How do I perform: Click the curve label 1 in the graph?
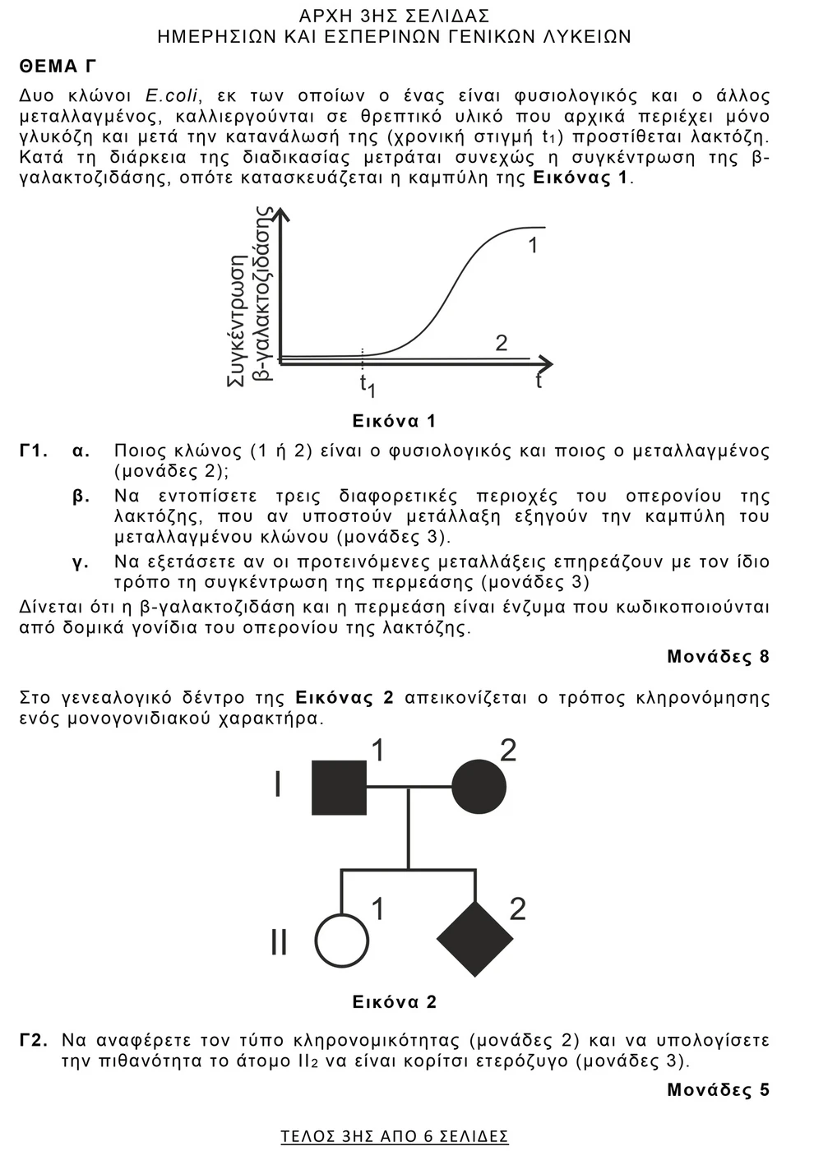click(533, 245)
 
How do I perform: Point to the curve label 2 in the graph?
click(502, 343)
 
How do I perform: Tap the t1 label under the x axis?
click(366, 384)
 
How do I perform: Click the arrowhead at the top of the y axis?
click(281, 214)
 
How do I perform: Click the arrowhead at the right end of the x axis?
click(546, 363)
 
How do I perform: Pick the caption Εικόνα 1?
click(394, 421)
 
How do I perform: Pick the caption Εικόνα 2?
click(394, 1001)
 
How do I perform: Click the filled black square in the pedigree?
click(340, 788)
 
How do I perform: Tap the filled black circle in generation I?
click(479, 788)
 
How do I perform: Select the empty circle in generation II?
click(340, 940)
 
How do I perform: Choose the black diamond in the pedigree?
click(475, 939)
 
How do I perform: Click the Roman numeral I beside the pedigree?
click(278, 785)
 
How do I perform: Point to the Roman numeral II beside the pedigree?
click(279, 942)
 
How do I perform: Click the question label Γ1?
click(34, 451)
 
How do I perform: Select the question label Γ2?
click(34, 1040)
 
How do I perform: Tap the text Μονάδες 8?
click(718, 656)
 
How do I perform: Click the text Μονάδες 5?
click(718, 1089)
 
